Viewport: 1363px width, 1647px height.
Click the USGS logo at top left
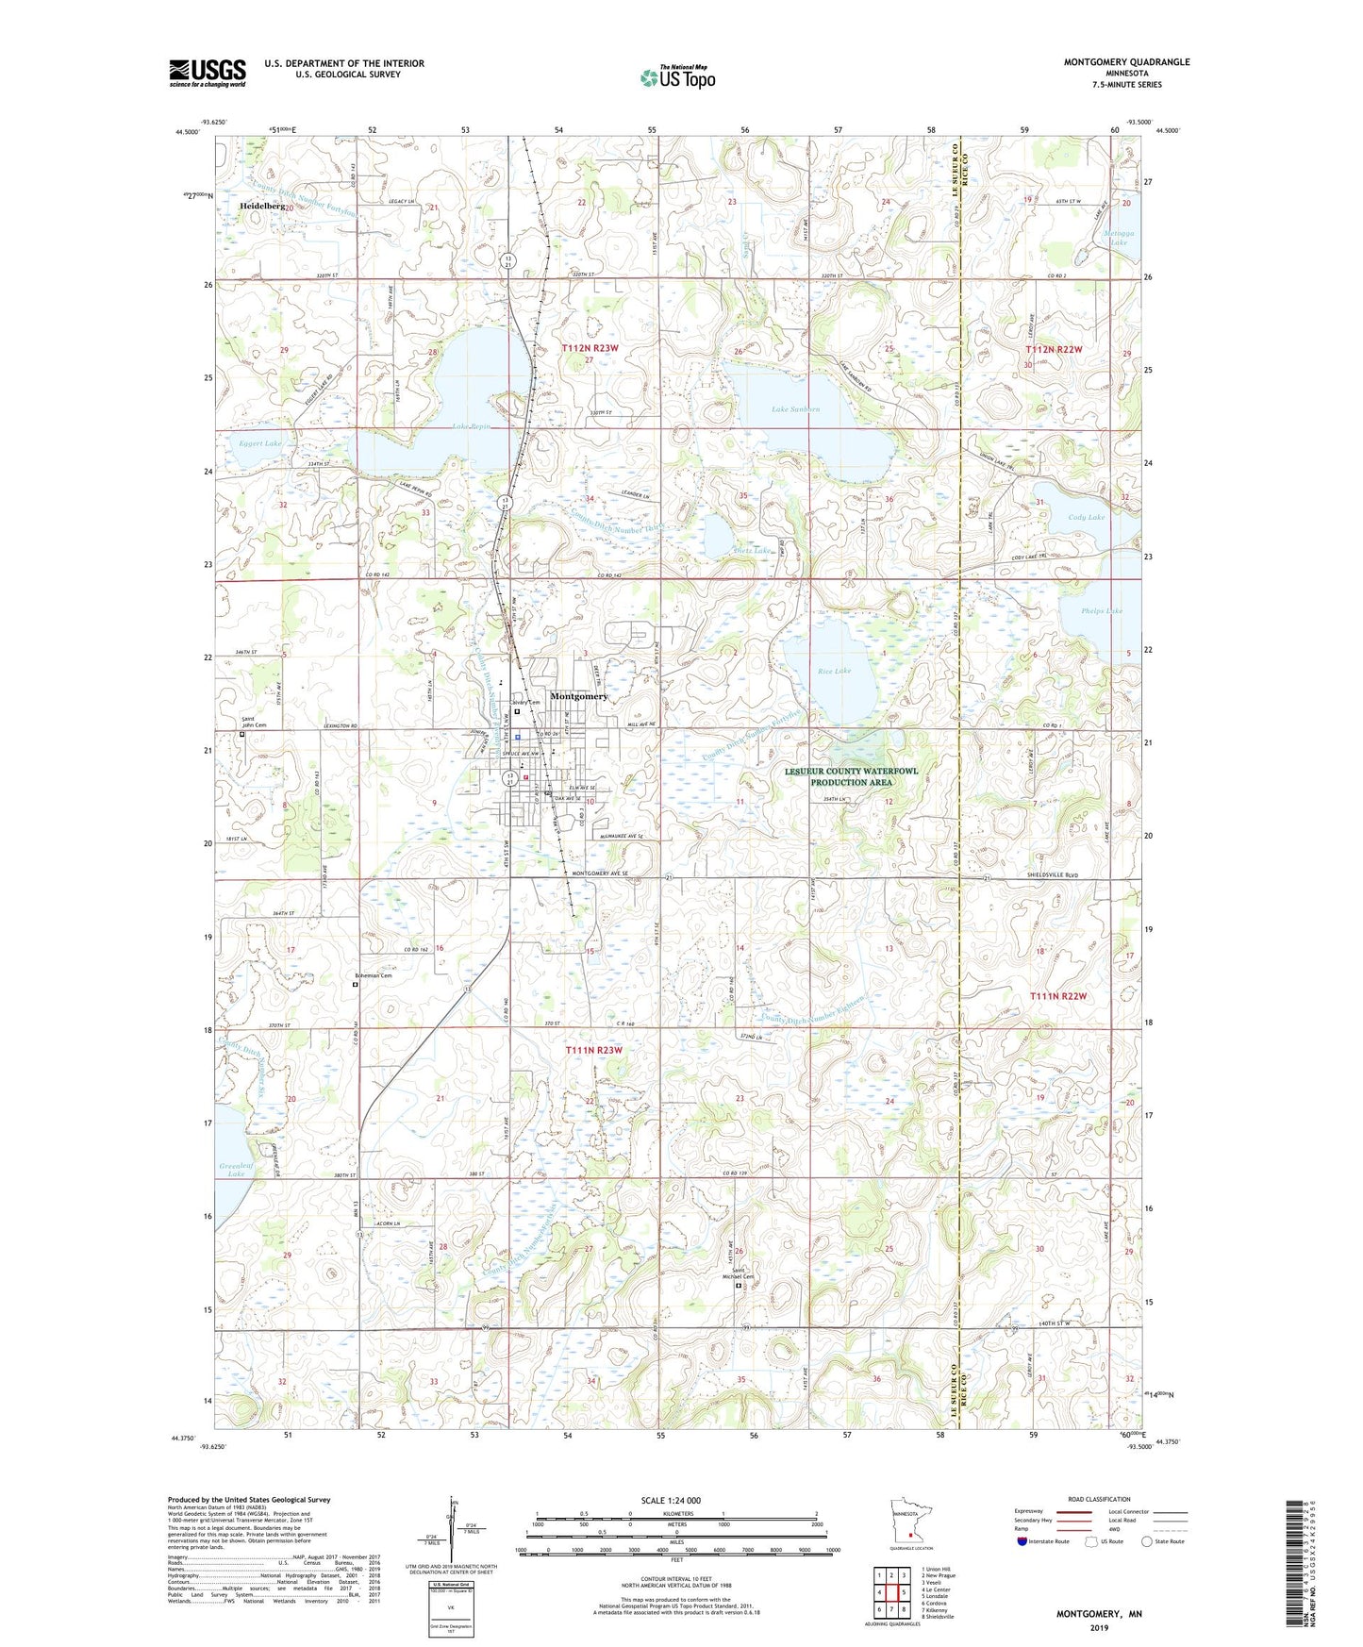tap(207, 73)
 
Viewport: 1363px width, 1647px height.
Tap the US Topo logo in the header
tap(678, 77)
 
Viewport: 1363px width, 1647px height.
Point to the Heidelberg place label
tap(261, 205)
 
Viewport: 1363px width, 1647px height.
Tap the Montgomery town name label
tap(578, 696)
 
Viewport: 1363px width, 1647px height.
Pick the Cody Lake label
tap(1086, 517)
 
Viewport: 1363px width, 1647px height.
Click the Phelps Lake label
tap(1101, 611)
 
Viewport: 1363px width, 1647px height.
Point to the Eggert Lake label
tap(259, 443)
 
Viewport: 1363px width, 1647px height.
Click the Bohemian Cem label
tap(373, 975)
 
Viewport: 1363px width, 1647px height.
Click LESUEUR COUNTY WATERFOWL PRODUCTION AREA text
tap(850, 776)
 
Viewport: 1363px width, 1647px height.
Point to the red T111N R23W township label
tap(593, 1050)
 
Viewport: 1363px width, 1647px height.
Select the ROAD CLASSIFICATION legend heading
tap(1098, 1499)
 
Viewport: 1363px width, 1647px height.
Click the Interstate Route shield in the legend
tap(1023, 1541)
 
